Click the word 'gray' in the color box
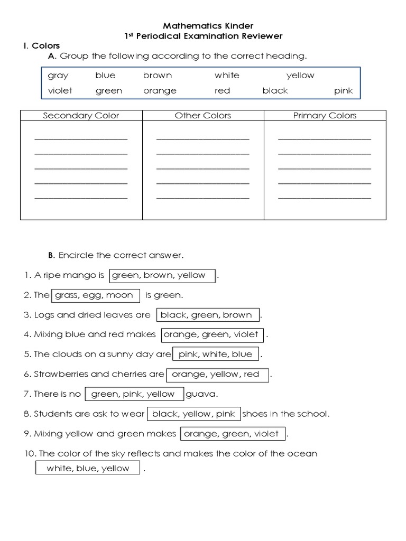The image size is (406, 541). point(58,76)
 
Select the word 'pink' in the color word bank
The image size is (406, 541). point(343,91)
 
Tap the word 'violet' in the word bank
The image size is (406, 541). point(60,91)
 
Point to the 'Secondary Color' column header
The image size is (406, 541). point(81,116)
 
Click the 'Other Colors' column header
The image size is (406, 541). point(203,116)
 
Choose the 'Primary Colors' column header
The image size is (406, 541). point(325,116)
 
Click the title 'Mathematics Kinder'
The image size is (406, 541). point(200,25)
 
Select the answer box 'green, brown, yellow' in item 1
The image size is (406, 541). point(162,275)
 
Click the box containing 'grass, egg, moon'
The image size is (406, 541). point(95,295)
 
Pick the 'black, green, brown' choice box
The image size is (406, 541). point(207,315)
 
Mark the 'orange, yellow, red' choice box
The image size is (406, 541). point(217,375)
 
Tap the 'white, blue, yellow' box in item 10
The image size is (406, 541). point(88,468)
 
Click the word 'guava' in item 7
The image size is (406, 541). point(198,394)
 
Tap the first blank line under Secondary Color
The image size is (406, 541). point(81,139)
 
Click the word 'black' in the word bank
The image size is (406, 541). point(275,91)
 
